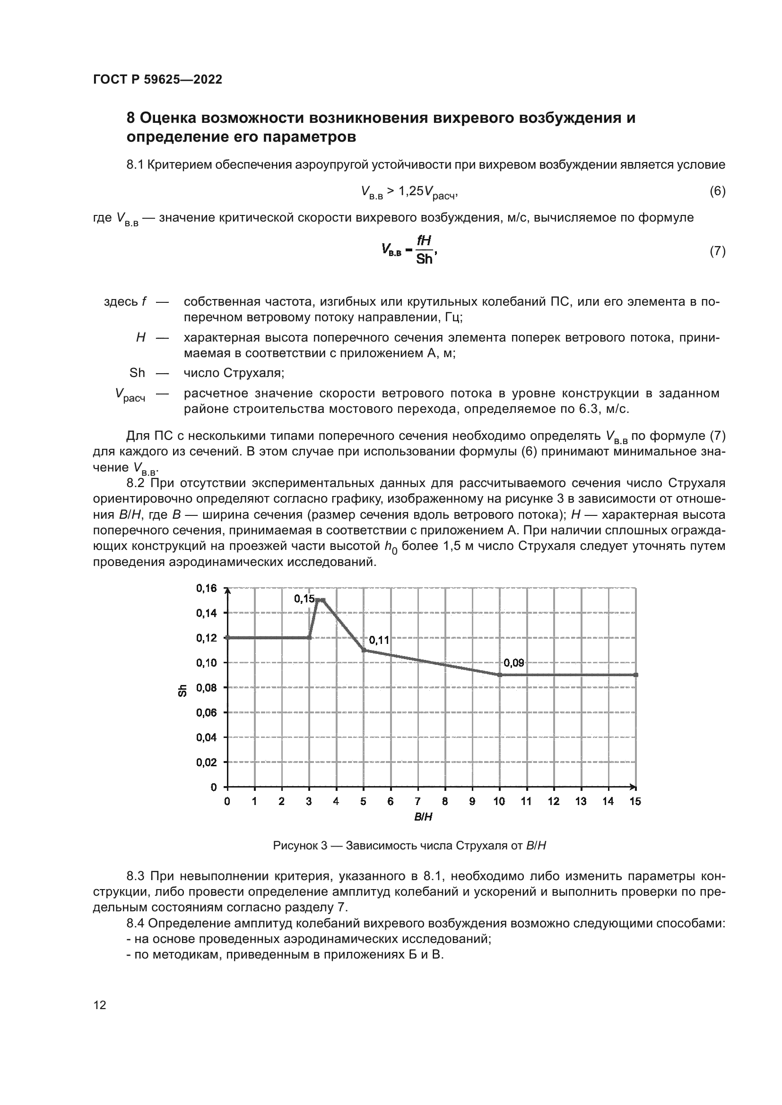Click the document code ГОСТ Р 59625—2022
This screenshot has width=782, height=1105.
tap(157, 80)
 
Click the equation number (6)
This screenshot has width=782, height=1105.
tap(717, 191)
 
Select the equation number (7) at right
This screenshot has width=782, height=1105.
tap(717, 251)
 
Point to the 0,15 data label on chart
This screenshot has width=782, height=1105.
tap(304, 599)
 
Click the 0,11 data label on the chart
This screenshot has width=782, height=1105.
tap(379, 640)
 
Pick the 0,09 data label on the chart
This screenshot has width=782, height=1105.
tap(513, 663)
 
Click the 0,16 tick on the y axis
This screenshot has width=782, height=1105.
tap(206, 588)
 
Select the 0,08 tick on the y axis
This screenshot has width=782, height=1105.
tap(206, 688)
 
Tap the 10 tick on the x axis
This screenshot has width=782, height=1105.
tap(499, 801)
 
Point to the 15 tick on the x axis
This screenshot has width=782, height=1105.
tap(635, 801)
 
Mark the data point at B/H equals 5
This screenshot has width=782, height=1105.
tap(364, 650)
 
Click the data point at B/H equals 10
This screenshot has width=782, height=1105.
tap(499, 675)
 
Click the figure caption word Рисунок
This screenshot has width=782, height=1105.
tap(294, 846)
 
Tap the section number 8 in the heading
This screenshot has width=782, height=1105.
tap(130, 118)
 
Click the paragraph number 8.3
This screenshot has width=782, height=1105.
tap(137, 875)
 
